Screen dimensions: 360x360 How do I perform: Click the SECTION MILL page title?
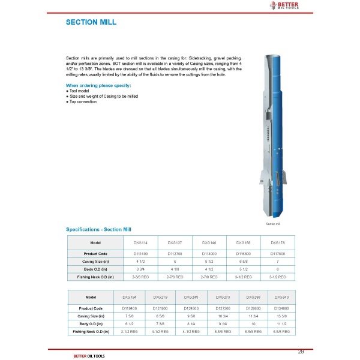pyautogui.click(x=91, y=23)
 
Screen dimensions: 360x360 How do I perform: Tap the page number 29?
pyautogui.click(x=301, y=351)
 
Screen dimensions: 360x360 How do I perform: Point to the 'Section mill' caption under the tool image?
pyautogui.click(x=273, y=224)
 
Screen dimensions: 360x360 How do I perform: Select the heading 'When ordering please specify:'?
pyautogui.click(x=98, y=86)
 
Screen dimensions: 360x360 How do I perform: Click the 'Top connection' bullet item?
pyautogui.click(x=83, y=102)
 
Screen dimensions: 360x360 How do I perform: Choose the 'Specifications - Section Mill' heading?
pyautogui.click(x=102, y=230)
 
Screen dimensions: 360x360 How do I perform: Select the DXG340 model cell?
pyautogui.click(x=281, y=297)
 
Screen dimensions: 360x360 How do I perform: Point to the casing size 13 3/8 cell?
pyautogui.click(x=281, y=316)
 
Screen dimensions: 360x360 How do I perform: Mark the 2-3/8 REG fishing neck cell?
pyautogui.click(x=140, y=278)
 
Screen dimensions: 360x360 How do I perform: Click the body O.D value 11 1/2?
pyautogui.click(x=281, y=324)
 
